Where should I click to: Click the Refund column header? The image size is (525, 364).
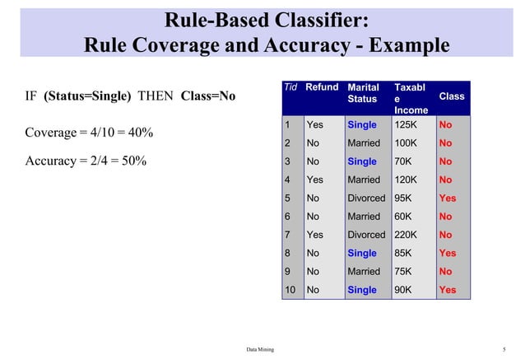pos(323,86)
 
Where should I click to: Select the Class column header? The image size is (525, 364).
pos(451,96)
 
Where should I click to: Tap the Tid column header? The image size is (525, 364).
pos(290,86)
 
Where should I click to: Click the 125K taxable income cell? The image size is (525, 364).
pos(406,125)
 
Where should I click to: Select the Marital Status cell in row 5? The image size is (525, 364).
pos(366,198)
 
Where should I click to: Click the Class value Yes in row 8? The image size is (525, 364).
pos(447,254)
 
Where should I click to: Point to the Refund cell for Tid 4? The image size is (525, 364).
pos(314,180)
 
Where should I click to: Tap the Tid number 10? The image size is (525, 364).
pos(289,290)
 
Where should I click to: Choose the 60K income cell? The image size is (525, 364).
pos(403,217)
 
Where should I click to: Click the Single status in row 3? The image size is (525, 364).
pos(362,161)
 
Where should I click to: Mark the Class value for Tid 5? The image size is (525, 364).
pos(447,198)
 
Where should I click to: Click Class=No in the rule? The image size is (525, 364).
pos(207,96)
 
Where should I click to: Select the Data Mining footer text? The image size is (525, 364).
pos(260,350)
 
